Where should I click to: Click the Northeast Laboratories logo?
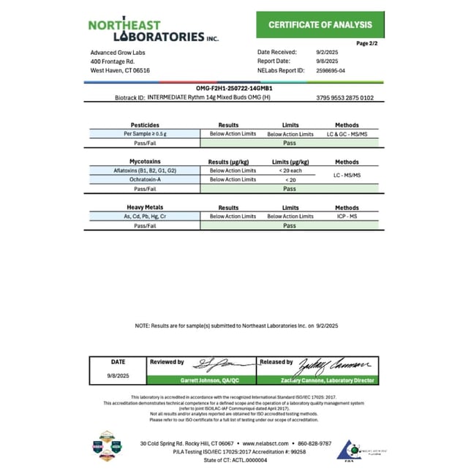153,30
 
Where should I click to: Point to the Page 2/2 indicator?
366,44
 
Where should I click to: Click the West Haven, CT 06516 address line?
120,71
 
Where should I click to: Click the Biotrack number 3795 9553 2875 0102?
345,97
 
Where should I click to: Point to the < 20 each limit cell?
290,170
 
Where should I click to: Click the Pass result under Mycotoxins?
290,189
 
